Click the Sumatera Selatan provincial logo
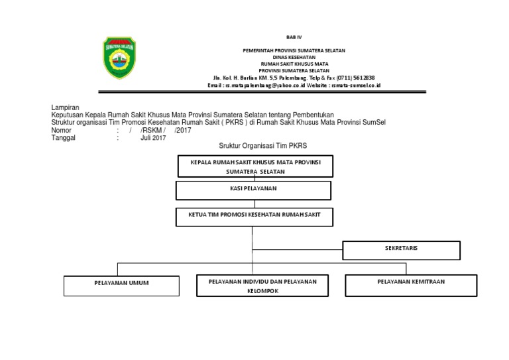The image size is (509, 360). point(119,58)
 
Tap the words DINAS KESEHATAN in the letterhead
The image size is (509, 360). point(294,58)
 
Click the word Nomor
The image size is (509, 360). point(61,130)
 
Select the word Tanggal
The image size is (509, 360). point(64,138)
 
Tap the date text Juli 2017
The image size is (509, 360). point(153,138)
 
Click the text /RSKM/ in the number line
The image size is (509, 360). point(152,130)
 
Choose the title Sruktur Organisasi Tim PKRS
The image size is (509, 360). point(263,146)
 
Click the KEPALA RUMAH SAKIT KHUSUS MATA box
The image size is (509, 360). point(255,166)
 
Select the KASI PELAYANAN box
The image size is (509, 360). point(253,190)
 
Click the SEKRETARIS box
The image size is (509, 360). point(401,250)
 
